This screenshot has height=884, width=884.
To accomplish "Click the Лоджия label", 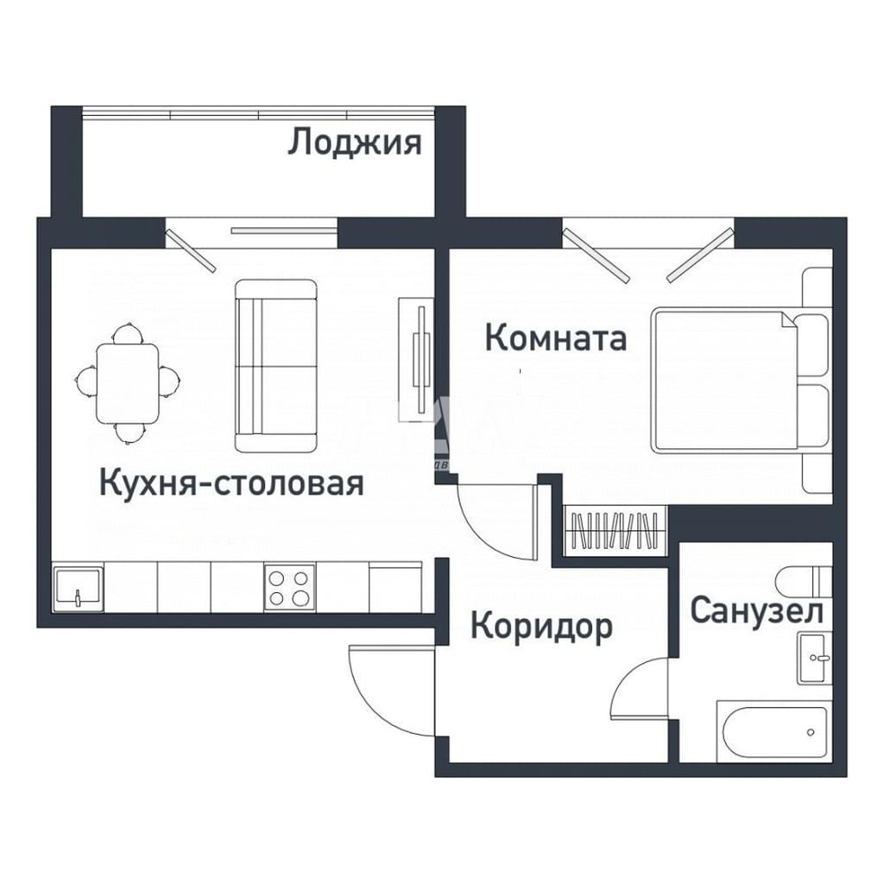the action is coord(355,142).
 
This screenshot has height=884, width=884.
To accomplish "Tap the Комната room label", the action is coord(556,338).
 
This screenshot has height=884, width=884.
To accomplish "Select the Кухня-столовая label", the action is coord(231,483).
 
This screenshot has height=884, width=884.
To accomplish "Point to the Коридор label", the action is coord(541,627).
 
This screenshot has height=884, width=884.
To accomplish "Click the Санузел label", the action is coord(756,610).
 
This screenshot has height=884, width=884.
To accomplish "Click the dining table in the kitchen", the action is coord(128,383).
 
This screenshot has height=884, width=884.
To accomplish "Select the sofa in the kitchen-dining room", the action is coord(275,365).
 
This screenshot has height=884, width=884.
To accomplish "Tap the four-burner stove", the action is coord(289,587).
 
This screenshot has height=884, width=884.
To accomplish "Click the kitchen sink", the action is coord(79,589).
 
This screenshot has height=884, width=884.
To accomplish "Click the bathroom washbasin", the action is coord(814,658).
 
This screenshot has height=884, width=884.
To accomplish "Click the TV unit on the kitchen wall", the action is coord(417,361).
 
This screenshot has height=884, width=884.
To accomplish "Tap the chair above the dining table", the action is coord(128,333).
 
